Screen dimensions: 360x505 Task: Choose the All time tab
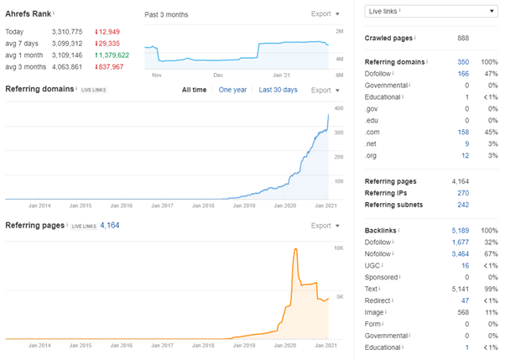[195, 90]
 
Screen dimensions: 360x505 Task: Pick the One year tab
[232, 90]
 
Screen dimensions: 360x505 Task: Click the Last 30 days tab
[278, 90]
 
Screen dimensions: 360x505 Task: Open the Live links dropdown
[430, 11]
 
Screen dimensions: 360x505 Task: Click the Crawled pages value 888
[462, 39]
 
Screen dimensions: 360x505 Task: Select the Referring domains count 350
[463, 62]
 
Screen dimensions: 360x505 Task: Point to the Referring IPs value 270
[462, 192]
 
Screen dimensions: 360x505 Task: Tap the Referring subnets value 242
[462, 204]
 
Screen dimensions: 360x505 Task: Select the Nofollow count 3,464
[460, 252]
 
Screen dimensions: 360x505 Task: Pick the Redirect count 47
[465, 299]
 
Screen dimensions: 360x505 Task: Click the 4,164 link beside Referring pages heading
[112, 225]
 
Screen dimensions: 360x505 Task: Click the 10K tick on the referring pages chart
[339, 248]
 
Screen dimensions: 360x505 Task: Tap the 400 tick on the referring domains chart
[339, 108]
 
